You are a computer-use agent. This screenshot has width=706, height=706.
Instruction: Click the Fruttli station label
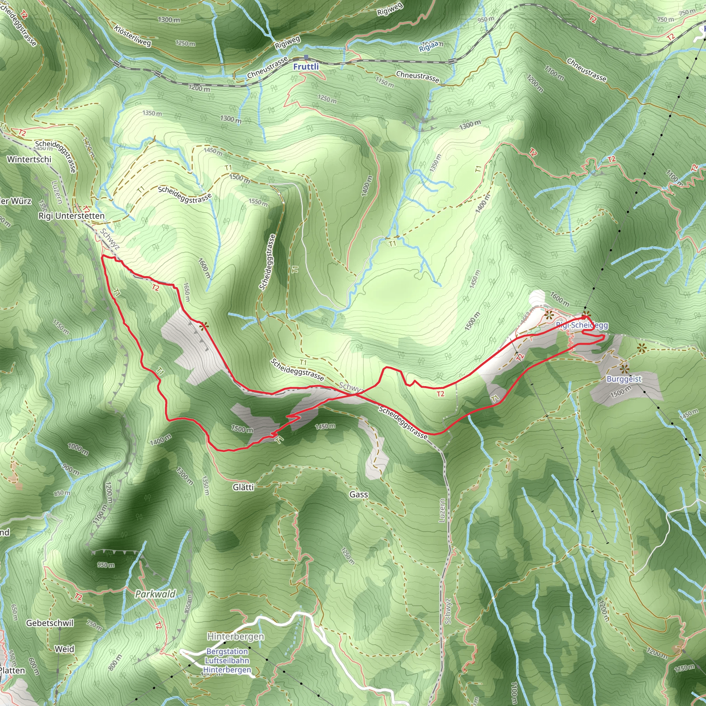coord(306,67)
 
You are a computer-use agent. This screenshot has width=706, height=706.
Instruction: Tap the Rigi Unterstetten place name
coord(72,216)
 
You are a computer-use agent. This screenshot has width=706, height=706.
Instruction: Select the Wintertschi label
coord(29,159)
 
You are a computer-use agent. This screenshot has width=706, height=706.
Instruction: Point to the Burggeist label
coord(624,379)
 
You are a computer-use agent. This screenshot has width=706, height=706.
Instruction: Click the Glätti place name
coord(243,487)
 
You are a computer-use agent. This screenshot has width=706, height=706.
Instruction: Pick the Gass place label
coord(359,494)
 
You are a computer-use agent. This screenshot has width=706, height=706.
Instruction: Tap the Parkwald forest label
coord(155,594)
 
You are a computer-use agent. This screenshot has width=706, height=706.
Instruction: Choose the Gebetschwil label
coord(50,623)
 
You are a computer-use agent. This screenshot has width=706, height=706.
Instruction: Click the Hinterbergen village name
coord(236,636)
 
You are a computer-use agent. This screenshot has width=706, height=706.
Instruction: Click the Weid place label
coord(64,649)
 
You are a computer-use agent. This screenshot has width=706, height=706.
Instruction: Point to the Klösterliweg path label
coord(132,36)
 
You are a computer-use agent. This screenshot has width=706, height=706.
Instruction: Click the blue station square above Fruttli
coord(306,57)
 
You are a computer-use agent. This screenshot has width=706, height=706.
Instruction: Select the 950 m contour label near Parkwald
coord(106,565)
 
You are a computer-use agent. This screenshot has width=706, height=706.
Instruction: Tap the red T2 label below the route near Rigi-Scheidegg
coord(440,394)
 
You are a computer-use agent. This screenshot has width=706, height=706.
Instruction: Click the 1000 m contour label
coord(78,449)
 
